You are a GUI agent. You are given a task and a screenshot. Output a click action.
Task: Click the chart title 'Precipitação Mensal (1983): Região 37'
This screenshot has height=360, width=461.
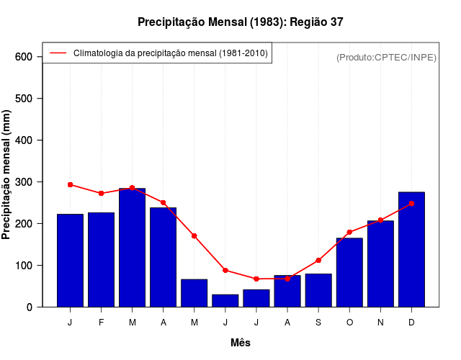[x=241, y=22]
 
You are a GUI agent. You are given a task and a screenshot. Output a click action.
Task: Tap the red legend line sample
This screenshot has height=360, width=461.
[x=58, y=53]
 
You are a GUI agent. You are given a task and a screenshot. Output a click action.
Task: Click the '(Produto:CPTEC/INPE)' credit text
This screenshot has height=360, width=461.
[x=386, y=57]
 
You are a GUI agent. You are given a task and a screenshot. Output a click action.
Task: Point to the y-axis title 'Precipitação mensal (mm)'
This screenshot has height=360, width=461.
[x=7, y=175]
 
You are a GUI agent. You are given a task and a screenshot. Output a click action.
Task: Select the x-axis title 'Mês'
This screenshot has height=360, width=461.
[x=241, y=343]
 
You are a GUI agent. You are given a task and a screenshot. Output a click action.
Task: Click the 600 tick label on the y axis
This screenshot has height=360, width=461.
[x=24, y=57]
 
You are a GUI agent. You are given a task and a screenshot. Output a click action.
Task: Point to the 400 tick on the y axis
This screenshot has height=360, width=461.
[x=24, y=140]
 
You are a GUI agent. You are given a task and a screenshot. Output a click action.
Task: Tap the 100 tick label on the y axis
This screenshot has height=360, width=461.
[x=24, y=266]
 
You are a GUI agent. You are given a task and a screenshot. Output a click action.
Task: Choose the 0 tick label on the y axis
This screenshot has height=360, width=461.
[x=30, y=307]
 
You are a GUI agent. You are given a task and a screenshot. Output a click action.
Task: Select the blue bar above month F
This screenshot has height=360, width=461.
[x=101, y=259]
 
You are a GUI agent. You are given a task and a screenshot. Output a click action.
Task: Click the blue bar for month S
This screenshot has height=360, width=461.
[x=318, y=290]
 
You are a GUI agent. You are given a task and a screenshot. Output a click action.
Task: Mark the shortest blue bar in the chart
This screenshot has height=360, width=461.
[x=225, y=301]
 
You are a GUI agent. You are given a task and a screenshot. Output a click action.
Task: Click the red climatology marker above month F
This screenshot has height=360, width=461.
[x=101, y=193]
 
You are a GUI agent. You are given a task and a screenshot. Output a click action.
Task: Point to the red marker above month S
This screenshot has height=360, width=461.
[x=318, y=260]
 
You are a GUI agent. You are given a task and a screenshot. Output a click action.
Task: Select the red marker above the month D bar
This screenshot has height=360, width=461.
[x=411, y=203]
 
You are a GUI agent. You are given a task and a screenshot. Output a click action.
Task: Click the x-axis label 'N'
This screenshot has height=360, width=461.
[x=380, y=323]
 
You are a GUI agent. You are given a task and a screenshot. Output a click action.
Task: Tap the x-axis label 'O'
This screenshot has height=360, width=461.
[x=349, y=323]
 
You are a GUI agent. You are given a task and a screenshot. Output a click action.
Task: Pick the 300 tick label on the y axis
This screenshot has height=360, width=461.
[x=24, y=182]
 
